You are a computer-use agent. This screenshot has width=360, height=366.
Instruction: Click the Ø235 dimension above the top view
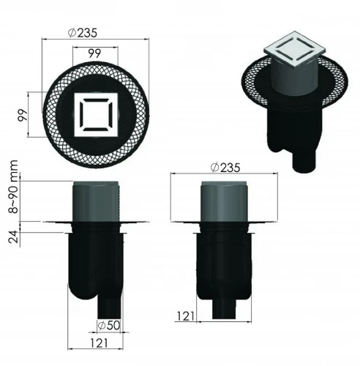83,33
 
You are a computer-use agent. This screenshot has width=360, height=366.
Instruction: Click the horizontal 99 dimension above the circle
94,53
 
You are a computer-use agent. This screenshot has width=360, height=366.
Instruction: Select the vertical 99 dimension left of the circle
22,115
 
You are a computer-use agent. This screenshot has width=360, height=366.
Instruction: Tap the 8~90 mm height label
13,187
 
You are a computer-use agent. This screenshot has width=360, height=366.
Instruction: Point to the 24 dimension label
13,236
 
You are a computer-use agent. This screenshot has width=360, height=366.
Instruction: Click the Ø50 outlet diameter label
109,325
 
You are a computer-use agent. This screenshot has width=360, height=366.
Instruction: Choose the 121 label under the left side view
99,343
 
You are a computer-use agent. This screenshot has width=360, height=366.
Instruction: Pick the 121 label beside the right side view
185,316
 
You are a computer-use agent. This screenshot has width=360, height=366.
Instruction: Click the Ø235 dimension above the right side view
225,168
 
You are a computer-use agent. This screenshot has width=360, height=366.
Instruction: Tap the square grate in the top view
96,115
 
